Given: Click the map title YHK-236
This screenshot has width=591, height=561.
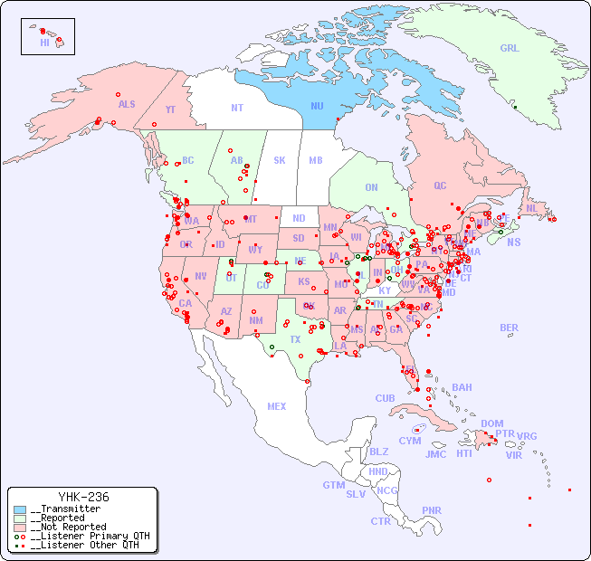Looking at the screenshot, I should pos(83,497).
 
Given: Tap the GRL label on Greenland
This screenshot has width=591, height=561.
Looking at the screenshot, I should pos(510,48).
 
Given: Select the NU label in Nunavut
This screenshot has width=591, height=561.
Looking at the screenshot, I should pos(317,106).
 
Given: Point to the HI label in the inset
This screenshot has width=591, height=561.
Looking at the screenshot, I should pos(44,43).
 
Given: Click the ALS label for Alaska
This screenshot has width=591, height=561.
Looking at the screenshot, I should pos(127,104).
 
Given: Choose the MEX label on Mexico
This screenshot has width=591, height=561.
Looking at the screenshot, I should pos(277,406).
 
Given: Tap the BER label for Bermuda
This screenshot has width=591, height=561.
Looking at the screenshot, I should pos(510,328).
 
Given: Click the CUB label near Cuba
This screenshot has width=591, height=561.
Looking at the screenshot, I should pos(385,398).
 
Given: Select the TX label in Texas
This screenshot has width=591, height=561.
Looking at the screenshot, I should pos(295,339).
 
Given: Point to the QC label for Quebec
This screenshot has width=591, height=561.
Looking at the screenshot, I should pos(440,185).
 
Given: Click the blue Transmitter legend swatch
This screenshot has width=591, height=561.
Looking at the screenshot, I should pos(20,509).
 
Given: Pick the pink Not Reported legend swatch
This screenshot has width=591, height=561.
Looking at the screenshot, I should pos(20,527).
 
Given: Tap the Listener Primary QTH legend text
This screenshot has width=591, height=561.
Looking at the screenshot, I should pos(90,536).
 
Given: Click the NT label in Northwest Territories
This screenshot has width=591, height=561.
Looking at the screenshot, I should pos(236,107).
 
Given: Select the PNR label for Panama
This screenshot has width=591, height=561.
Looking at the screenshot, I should pos(432,510).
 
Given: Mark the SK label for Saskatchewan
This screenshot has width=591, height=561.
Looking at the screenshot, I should pos(280,160).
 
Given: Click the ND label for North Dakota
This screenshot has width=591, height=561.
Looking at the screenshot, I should pos(299,218).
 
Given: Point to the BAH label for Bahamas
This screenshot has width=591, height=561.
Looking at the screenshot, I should pos(462,387).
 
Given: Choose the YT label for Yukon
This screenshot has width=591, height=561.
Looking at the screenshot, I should pos(170,109).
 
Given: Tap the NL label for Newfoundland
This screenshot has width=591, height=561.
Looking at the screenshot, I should pos(531,207).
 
